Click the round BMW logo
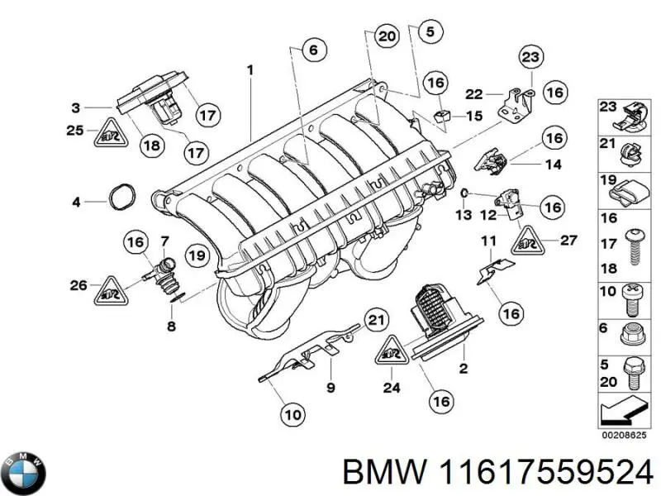pos(25,473)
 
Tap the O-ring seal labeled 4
pos(121,200)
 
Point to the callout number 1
pos(250,72)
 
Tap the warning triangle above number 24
pos(393,351)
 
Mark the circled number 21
pos(376,320)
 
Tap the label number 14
pos(554,165)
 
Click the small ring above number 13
pos(465,194)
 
